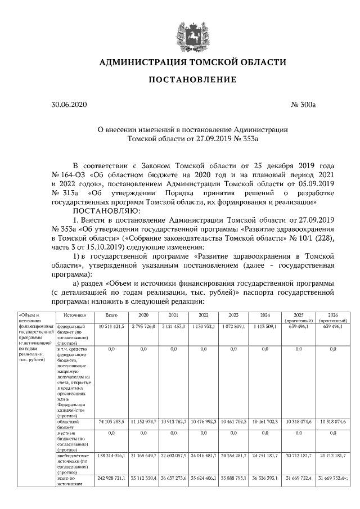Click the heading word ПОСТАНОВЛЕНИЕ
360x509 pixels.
(192, 80)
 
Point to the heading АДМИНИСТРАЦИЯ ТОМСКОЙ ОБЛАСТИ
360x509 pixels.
(192, 62)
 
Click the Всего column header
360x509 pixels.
(111, 315)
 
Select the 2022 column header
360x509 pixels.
(204, 315)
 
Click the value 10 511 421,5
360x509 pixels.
(111, 327)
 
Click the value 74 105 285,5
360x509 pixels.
(111, 421)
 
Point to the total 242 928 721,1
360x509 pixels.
(111, 478)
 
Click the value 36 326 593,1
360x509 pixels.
(264, 478)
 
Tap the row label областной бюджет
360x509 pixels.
(71, 424)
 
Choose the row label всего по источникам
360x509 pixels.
(70, 481)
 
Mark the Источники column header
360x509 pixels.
(74, 315)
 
